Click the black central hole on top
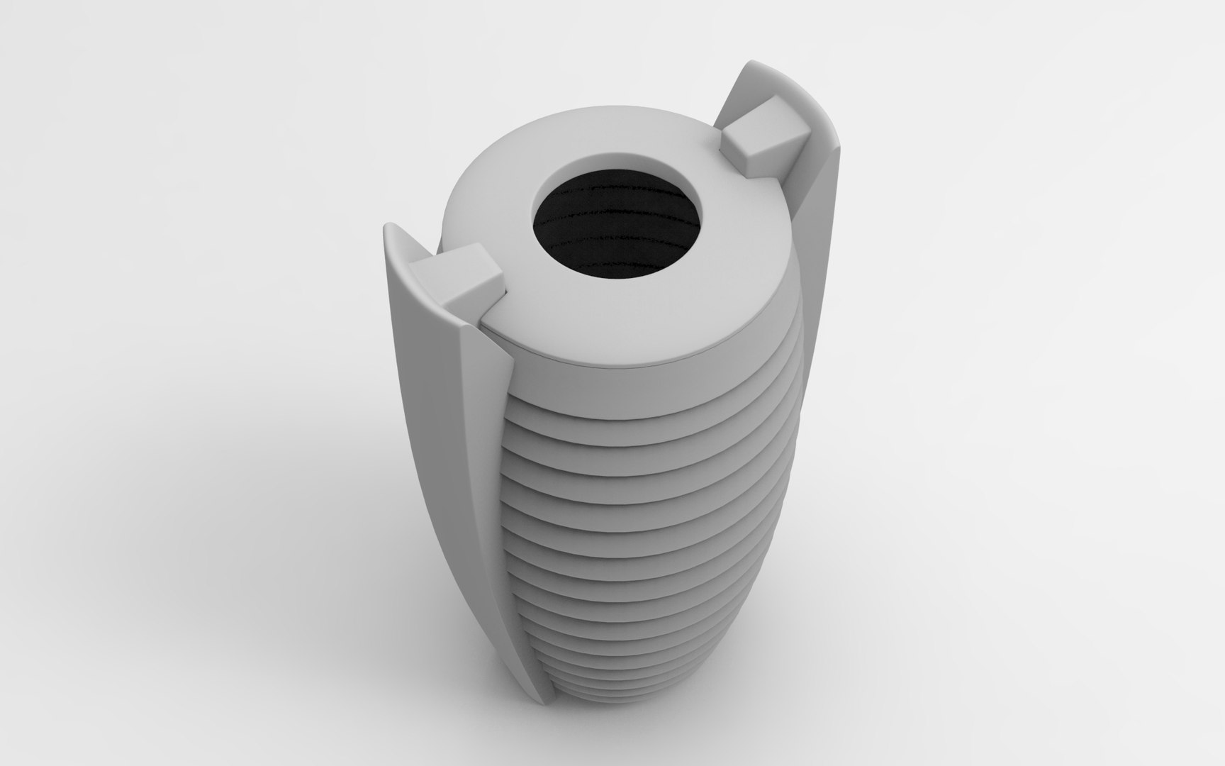617,227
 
